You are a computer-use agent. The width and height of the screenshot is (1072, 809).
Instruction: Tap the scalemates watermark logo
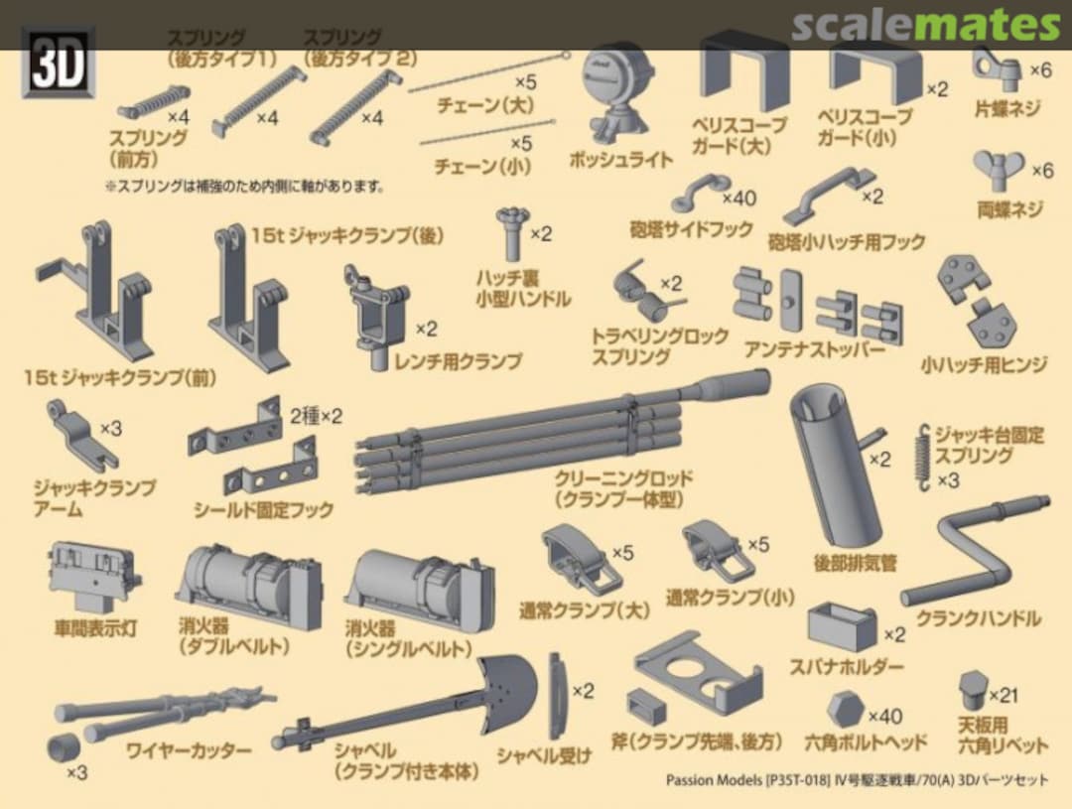(925, 24)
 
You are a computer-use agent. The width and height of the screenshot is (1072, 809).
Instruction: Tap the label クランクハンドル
(977, 618)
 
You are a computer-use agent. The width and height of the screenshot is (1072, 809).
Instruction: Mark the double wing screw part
(998, 171)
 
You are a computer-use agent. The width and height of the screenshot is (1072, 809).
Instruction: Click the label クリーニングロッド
(623, 478)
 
